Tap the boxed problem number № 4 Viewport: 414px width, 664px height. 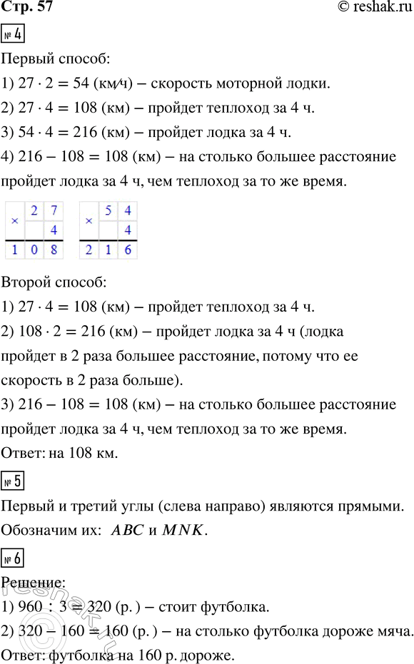14,34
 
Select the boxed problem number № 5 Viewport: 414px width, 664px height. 14,481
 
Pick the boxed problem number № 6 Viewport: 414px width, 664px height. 14,558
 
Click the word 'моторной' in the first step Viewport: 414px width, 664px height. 243,84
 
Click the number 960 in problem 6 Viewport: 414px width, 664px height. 30,608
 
